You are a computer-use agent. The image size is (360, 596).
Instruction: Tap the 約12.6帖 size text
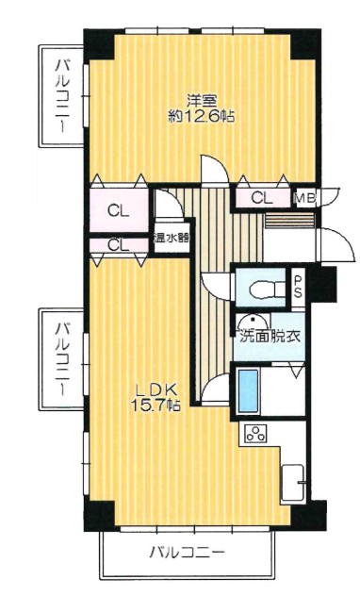coord(202,116)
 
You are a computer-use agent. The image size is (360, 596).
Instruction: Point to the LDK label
coord(155,389)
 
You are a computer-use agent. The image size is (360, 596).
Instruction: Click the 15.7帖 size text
coord(155,406)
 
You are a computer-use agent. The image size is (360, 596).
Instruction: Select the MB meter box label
coord(306,198)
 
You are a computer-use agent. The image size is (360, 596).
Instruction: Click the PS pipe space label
coord(298,287)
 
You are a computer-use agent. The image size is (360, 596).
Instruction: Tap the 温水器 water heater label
coord(171,240)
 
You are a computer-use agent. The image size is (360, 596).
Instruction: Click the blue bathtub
coord(248,391)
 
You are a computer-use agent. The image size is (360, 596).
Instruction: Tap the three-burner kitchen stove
coord(255,434)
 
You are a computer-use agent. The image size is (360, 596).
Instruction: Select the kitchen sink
coord(293,484)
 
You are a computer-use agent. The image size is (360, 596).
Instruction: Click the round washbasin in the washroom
coord(251,322)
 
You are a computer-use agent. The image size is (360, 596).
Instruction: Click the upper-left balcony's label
coord(62,96)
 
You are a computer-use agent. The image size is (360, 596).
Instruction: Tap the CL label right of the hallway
coord(262,198)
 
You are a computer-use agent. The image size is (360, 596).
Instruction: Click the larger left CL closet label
coord(118,210)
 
